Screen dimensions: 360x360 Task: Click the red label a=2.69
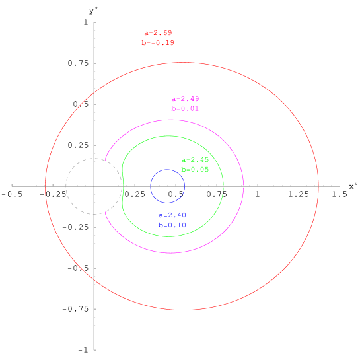pos(158,32)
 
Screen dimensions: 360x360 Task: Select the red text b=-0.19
pos(158,43)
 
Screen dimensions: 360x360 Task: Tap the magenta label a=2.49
pos(185,98)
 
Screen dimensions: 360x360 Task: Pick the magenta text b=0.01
pos(185,108)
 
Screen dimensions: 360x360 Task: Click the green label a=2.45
pos(195,160)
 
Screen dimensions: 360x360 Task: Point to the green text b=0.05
pos(195,170)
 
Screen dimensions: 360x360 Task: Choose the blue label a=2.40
pos(172,215)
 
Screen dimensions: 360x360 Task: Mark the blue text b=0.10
pos(172,225)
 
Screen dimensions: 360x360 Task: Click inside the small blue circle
pos(167,186)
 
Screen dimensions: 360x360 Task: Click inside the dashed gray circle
pos(94,186)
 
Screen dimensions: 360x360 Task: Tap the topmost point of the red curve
pos(183,63)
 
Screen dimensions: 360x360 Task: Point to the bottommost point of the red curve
pos(183,310)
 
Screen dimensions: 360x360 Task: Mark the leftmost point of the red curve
pos(45,186)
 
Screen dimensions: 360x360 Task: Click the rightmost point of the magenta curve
pos(244,186)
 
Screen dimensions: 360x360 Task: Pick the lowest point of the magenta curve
pos(170,253)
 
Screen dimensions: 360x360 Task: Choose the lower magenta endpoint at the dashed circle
pos(106,212)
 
